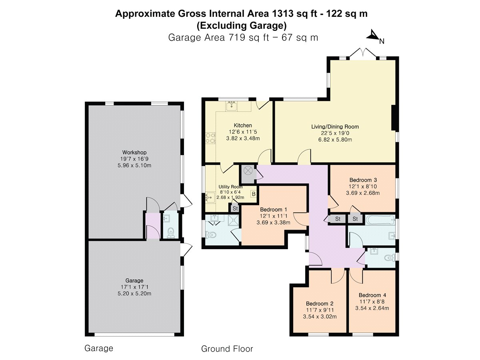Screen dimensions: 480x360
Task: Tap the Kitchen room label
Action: (x=243, y=126)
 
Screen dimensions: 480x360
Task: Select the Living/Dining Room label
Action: (x=335, y=126)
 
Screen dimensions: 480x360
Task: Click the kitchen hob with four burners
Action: (x=210, y=138)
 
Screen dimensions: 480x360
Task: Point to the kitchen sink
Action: (x=232, y=106)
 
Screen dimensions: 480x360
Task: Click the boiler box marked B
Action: (x=254, y=194)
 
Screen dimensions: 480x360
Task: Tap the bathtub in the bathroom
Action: (x=380, y=220)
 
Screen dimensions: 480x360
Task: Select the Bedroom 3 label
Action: (x=363, y=180)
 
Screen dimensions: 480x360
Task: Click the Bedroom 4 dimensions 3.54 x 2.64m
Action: (x=372, y=308)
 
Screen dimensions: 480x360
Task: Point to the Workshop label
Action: (x=134, y=152)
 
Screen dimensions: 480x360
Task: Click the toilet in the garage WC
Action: (x=170, y=232)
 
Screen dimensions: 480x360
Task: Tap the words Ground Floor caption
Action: (x=227, y=349)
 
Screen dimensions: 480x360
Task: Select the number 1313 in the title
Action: (x=282, y=14)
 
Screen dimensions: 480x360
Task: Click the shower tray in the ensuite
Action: (x=233, y=220)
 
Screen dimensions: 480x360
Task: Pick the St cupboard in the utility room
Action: (x=235, y=208)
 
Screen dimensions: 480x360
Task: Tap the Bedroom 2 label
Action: (x=320, y=304)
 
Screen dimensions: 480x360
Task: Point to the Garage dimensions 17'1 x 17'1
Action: (x=134, y=287)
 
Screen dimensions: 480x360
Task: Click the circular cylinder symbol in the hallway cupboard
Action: (x=248, y=170)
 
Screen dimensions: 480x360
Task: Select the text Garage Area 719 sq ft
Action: (x=218, y=38)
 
